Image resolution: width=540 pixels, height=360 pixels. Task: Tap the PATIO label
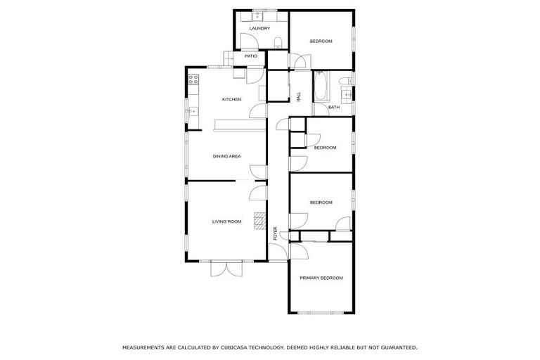pos(251,56)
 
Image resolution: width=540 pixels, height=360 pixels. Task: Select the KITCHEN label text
pos(231,99)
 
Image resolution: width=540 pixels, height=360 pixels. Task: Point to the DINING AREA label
pos(227,156)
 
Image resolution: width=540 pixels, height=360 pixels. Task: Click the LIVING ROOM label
pos(226,221)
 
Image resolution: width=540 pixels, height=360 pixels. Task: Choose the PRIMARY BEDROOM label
pos(321,278)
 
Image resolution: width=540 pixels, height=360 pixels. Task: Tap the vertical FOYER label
pos(276,234)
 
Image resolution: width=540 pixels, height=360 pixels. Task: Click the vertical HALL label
pos(299,98)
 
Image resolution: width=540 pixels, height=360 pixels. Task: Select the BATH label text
pos(334,107)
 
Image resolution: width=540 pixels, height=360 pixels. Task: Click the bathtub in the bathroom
pos(321,86)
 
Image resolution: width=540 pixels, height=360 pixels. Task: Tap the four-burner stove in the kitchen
pos(192,82)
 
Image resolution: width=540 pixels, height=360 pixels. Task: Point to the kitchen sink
pos(192,111)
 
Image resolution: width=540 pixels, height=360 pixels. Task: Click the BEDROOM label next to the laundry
pos(321,41)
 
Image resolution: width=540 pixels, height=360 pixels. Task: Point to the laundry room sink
pos(257,15)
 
